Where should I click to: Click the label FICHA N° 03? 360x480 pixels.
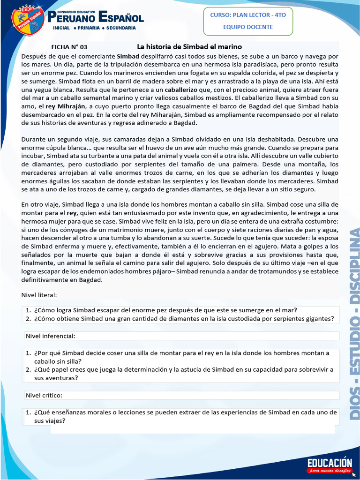tap(69, 47)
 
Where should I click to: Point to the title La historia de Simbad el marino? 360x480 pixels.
tap(189, 47)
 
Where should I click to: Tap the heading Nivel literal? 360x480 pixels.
tap(39, 295)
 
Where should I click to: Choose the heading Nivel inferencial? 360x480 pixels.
tap(50, 336)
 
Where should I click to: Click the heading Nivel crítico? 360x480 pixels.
tap(44, 395)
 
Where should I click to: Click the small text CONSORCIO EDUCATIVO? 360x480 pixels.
tap(76, 11)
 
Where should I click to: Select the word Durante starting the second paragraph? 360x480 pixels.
tap(34, 139)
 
